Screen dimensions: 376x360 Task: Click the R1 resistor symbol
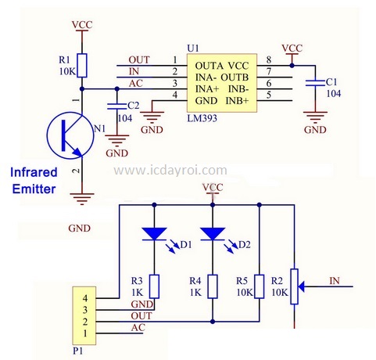pos(82,66)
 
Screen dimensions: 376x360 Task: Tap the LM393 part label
pos(202,118)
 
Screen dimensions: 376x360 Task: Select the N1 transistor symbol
pos(70,135)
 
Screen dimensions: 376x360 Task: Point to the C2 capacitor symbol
pos(117,106)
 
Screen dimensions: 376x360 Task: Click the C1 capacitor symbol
pos(315,83)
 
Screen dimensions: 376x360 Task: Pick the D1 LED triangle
pos(154,234)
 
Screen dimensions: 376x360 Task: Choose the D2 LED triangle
pos(213,234)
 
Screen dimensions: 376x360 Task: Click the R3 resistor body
pos(154,286)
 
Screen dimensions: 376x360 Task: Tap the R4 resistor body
pos(213,286)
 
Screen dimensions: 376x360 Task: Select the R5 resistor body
pos(260,286)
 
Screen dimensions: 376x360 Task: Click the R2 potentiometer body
pos(295,286)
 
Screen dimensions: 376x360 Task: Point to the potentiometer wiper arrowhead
pos(301,286)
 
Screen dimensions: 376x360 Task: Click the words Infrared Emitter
pos(34,181)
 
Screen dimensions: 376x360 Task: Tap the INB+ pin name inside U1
pos(238,101)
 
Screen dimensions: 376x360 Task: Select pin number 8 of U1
pos(269,59)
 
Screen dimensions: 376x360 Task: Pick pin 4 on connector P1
pos(85,298)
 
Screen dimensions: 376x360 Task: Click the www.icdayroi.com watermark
pos(170,171)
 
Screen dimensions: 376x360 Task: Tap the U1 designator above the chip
pos(193,49)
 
